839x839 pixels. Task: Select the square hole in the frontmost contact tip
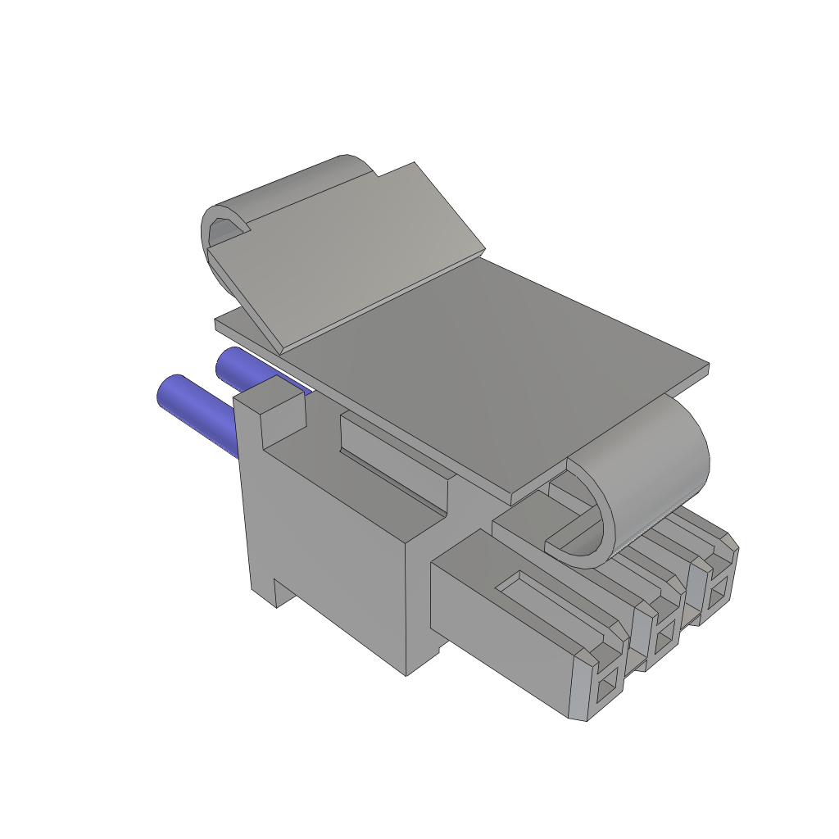(608, 688)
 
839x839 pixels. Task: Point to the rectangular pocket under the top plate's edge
(393, 459)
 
